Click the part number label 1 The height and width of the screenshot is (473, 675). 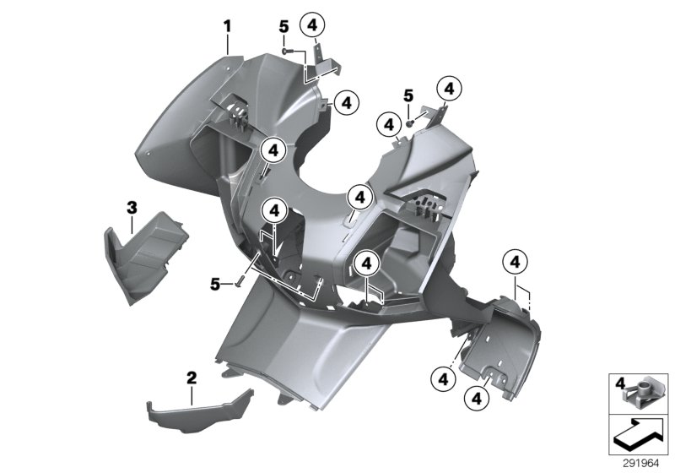[227, 25]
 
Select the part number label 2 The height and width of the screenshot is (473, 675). [192, 376]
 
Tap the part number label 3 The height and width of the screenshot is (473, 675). [132, 206]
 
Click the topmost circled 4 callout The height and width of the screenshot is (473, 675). [313, 25]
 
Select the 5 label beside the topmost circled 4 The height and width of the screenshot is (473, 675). [283, 27]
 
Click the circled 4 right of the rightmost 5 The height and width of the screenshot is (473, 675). [448, 88]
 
